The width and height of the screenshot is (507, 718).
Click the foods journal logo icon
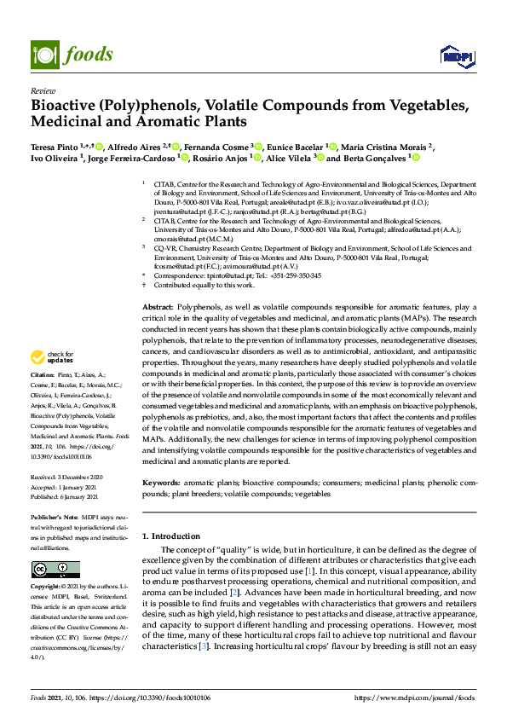pos(43,53)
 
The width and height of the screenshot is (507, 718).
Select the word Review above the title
pos(42,90)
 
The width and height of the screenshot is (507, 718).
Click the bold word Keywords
pos(161,483)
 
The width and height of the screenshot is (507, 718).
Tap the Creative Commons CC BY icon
pos(55,569)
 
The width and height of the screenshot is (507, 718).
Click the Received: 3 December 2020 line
pos(68,477)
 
